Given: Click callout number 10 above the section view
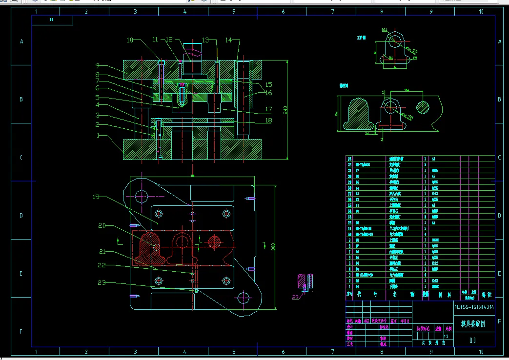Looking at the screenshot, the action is [130, 40].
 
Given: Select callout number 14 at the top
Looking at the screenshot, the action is [228, 40].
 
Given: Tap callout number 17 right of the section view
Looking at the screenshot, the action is [268, 109].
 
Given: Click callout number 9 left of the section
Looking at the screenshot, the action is [98, 65].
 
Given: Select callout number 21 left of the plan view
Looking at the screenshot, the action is [102, 252].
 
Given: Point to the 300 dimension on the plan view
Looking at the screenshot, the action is [274, 247].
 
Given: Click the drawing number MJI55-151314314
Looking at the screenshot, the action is [474, 307].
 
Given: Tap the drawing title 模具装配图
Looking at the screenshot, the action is [473, 324].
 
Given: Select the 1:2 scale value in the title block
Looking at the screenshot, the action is [446, 336].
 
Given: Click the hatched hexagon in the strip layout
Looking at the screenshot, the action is [423, 107].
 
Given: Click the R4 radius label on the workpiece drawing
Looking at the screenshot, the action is [391, 57].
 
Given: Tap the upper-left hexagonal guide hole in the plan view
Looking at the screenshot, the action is [141, 196].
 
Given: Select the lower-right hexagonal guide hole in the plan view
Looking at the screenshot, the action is [243, 297].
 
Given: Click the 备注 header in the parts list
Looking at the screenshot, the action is [486, 295].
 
